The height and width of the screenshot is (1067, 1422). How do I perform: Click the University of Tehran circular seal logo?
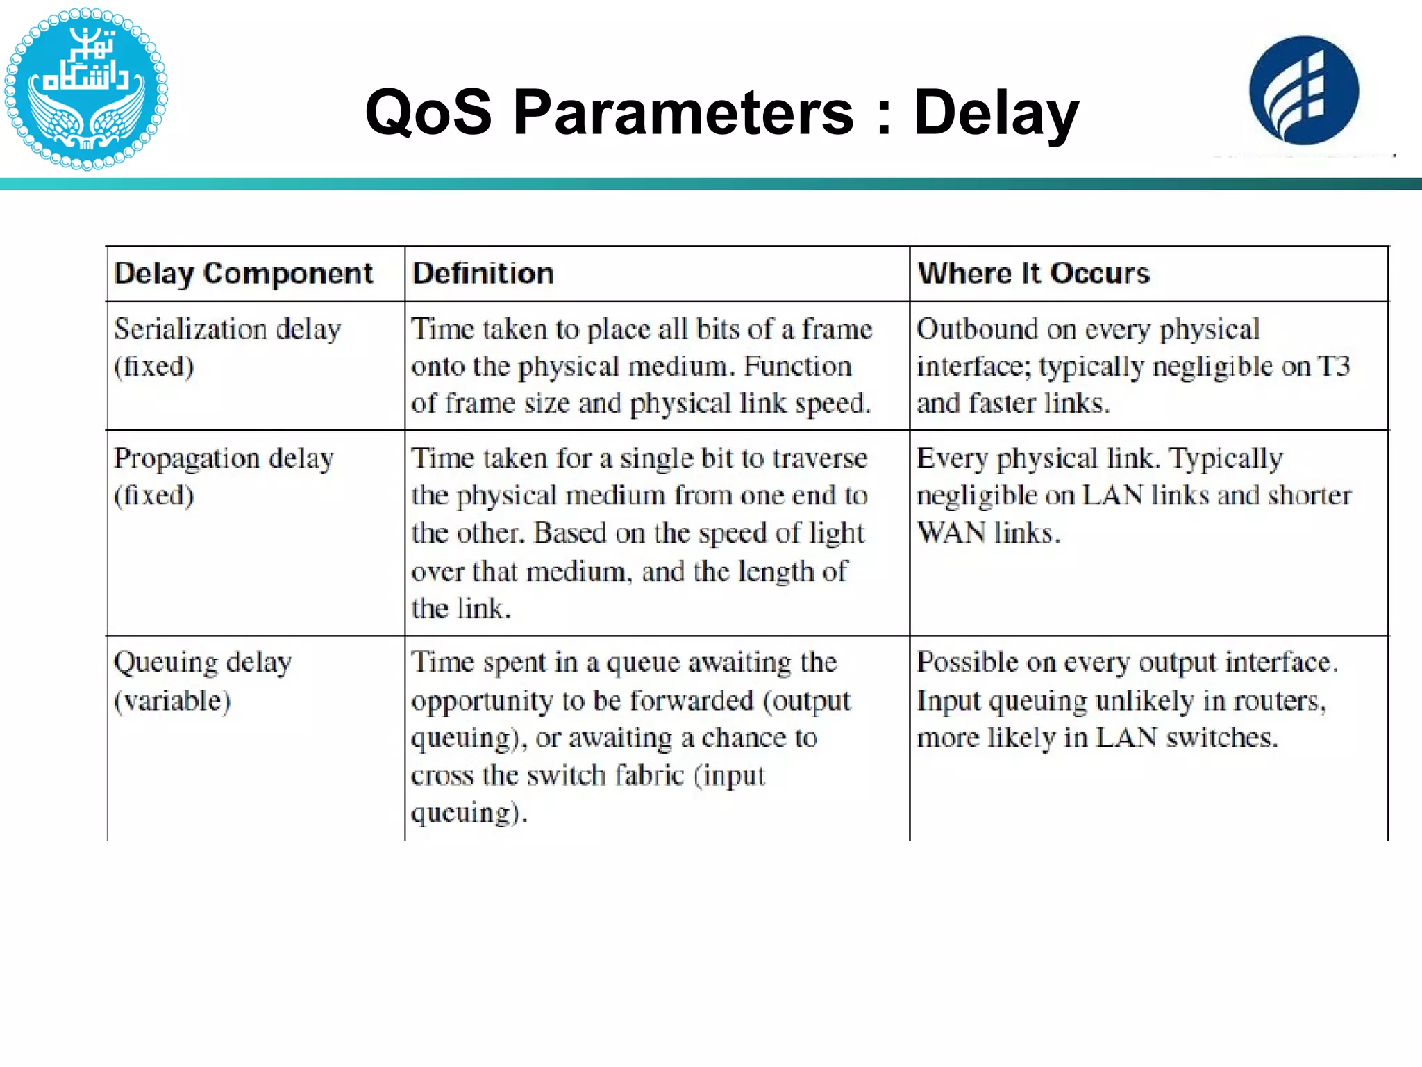coord(86,88)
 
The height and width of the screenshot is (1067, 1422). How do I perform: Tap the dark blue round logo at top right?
coord(1304,90)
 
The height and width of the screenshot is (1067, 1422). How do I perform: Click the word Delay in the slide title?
coord(996,113)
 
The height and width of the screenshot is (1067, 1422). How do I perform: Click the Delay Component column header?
coord(243,274)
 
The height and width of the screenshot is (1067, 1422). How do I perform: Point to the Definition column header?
coord(483,274)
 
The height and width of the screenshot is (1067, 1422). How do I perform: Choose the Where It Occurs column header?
coord(1033,274)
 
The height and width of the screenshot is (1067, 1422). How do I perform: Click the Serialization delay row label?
coord(228,329)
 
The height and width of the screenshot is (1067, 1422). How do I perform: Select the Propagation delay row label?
coord(224,458)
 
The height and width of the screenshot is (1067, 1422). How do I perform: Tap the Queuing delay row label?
coord(203,663)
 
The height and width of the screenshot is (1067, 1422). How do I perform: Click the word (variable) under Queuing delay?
coord(172,700)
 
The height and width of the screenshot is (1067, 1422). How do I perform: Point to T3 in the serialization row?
coord(1333,366)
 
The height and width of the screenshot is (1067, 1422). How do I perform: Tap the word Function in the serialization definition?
coord(797,366)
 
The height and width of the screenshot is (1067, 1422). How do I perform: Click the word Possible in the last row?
coord(967,663)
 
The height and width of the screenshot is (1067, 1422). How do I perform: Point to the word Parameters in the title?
coord(683,113)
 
